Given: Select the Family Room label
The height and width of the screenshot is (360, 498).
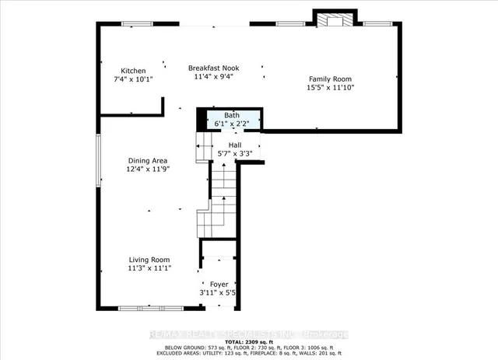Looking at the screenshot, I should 331,79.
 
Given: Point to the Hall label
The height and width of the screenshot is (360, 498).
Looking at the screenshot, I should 234,145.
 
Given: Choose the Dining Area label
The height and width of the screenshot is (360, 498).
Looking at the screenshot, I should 149,160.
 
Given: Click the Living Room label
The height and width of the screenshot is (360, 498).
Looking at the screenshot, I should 149,260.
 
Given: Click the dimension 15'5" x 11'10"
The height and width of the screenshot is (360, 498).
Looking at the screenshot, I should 331,88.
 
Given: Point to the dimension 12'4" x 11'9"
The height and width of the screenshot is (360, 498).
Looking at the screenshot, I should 149,169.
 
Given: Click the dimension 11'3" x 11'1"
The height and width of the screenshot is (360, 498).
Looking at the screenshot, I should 149,268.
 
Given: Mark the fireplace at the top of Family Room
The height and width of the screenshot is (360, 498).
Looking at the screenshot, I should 335,19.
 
